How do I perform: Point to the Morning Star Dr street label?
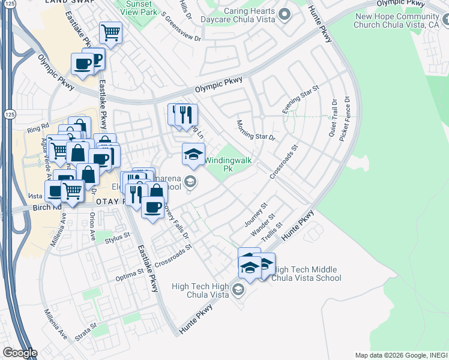255,129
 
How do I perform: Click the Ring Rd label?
37,128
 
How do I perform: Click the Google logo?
19,353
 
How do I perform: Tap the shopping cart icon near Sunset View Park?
110,33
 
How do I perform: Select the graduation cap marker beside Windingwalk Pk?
193,154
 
